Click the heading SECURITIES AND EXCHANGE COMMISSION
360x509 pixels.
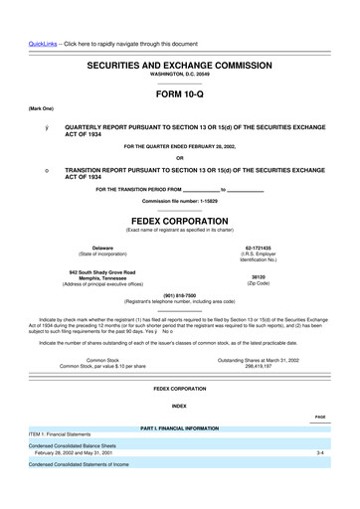(180, 65)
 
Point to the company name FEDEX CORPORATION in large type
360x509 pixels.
(180, 220)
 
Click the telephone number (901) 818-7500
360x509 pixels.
(180, 294)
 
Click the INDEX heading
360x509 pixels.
(180, 405)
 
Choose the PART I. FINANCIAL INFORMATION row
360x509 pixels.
(180, 426)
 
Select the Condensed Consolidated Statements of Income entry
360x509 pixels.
(79, 464)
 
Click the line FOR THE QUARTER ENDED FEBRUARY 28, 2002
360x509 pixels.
(180, 146)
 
